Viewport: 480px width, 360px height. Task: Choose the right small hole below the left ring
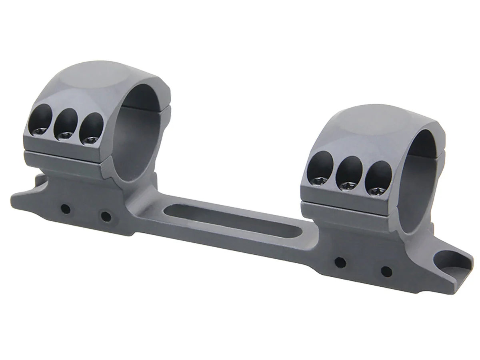point(106,217)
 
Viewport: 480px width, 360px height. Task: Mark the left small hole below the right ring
point(340,262)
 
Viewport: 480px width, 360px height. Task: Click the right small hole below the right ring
point(386,272)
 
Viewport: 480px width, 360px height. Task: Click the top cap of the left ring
point(96,80)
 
